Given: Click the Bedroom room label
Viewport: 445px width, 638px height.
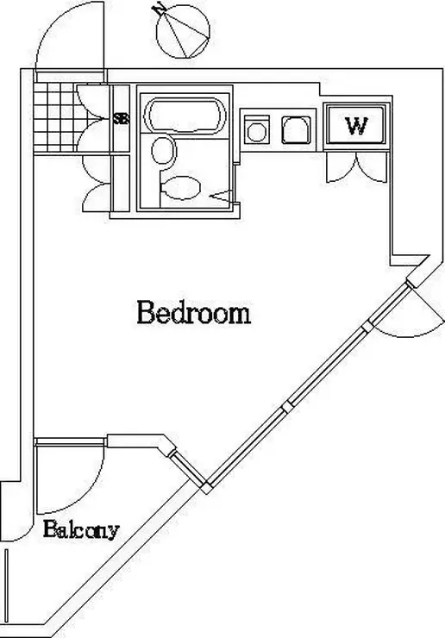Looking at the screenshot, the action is click(193, 312).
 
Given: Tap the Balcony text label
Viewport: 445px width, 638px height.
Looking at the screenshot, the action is click(81, 529).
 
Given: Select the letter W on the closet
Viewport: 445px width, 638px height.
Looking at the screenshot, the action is click(357, 126).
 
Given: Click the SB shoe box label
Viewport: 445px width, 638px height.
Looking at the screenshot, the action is click(121, 118).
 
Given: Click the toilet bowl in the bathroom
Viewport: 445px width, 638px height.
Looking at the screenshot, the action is click(181, 188).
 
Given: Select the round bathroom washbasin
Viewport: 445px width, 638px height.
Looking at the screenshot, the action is click(164, 151).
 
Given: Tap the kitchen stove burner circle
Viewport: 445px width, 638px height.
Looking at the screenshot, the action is click(256, 132).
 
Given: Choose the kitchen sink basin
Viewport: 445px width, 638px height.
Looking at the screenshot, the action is click(296, 130).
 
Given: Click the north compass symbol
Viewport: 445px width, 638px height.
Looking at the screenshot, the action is click(183, 31).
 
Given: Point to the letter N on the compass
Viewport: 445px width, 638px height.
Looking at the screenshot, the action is click(157, 9).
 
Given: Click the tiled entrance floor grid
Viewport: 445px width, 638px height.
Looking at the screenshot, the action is click(54, 117).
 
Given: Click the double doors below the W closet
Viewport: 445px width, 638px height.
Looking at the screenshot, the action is click(356, 166).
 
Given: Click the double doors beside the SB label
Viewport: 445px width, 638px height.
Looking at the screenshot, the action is click(94, 119).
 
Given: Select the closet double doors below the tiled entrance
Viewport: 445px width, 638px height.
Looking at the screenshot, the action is click(97, 184).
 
